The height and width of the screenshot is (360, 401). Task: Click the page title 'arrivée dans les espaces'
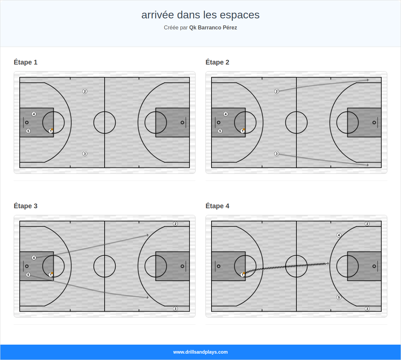(x=200, y=15)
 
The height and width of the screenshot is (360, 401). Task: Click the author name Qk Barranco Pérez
(x=213, y=28)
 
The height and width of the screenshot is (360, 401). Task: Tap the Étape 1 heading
(x=26, y=62)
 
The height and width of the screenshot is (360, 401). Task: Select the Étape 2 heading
(x=217, y=62)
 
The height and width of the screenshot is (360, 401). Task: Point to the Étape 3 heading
(x=26, y=206)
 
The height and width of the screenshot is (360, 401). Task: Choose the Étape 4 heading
(x=217, y=206)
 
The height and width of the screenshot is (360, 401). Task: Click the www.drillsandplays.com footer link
(x=200, y=352)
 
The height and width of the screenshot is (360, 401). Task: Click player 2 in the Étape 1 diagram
(x=85, y=91)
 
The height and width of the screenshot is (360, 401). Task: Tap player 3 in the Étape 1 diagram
(x=85, y=154)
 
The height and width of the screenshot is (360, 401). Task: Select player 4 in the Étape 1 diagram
(x=34, y=114)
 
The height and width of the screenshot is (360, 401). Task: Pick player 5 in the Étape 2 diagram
(x=220, y=131)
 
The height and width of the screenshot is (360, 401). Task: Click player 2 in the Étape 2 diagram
(x=276, y=91)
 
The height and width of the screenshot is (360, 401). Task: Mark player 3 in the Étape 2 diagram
(x=276, y=154)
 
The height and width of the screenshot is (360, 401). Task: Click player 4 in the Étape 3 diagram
(x=34, y=258)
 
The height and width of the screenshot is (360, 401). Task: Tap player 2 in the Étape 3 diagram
(x=175, y=224)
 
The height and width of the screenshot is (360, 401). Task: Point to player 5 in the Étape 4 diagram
(x=339, y=297)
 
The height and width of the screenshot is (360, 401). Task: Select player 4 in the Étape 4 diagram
(x=339, y=235)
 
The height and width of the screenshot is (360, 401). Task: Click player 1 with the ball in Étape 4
(x=243, y=275)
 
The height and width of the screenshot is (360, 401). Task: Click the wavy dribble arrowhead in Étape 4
(x=328, y=264)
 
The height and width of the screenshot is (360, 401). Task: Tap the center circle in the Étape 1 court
(x=105, y=122)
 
